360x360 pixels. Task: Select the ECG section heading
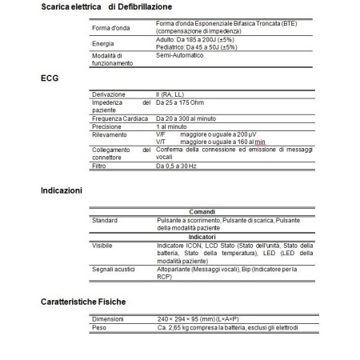[50, 80]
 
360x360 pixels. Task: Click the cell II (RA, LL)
[174, 96]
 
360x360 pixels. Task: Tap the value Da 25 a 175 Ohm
[188, 103]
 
